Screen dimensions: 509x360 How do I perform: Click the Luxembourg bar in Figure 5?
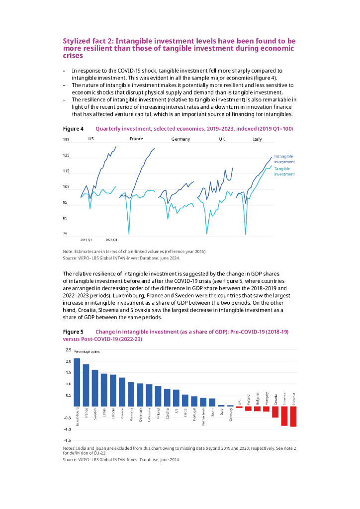point(77,382)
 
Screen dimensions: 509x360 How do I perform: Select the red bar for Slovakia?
point(293,416)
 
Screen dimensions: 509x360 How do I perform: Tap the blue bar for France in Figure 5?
point(86,385)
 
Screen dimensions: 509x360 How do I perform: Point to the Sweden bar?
point(95,388)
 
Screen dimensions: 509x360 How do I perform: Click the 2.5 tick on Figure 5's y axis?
point(68,350)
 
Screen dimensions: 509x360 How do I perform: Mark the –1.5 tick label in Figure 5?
point(66,440)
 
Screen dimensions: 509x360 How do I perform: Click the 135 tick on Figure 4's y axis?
point(66,140)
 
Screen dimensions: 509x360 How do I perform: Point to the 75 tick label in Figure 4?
point(65,234)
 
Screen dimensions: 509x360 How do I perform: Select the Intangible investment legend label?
point(284,159)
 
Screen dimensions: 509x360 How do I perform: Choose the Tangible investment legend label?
point(284,171)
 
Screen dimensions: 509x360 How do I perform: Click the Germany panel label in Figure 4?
point(180,139)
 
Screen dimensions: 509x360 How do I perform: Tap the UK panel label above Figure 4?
point(222,139)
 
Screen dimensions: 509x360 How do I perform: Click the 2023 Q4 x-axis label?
point(111,240)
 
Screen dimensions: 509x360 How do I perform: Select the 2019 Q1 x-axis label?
point(86,240)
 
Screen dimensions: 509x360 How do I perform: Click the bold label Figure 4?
point(73,129)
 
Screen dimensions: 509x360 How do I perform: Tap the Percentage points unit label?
point(87,351)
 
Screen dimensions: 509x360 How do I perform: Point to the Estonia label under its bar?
point(113,414)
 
